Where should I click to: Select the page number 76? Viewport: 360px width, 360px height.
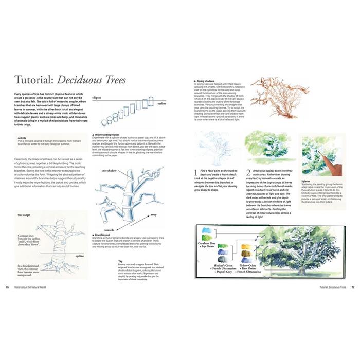pos(7,287)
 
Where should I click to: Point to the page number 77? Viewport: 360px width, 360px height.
pos(353,287)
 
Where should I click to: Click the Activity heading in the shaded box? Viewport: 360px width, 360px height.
pos(22,138)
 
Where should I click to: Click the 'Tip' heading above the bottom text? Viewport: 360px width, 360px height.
pos(119,260)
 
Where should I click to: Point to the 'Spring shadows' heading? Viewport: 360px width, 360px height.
pos(205,81)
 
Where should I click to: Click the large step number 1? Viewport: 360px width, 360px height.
pos(196,173)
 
